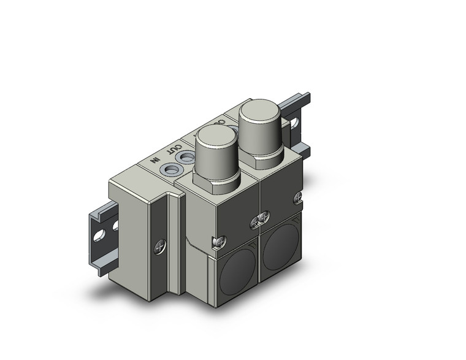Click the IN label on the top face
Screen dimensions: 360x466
[x=157, y=160]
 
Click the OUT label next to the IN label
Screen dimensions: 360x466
[x=175, y=149]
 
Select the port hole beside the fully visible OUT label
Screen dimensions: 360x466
[x=183, y=159]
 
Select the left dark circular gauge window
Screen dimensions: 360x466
[x=234, y=266]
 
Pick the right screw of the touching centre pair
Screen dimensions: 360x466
[x=264, y=216]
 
